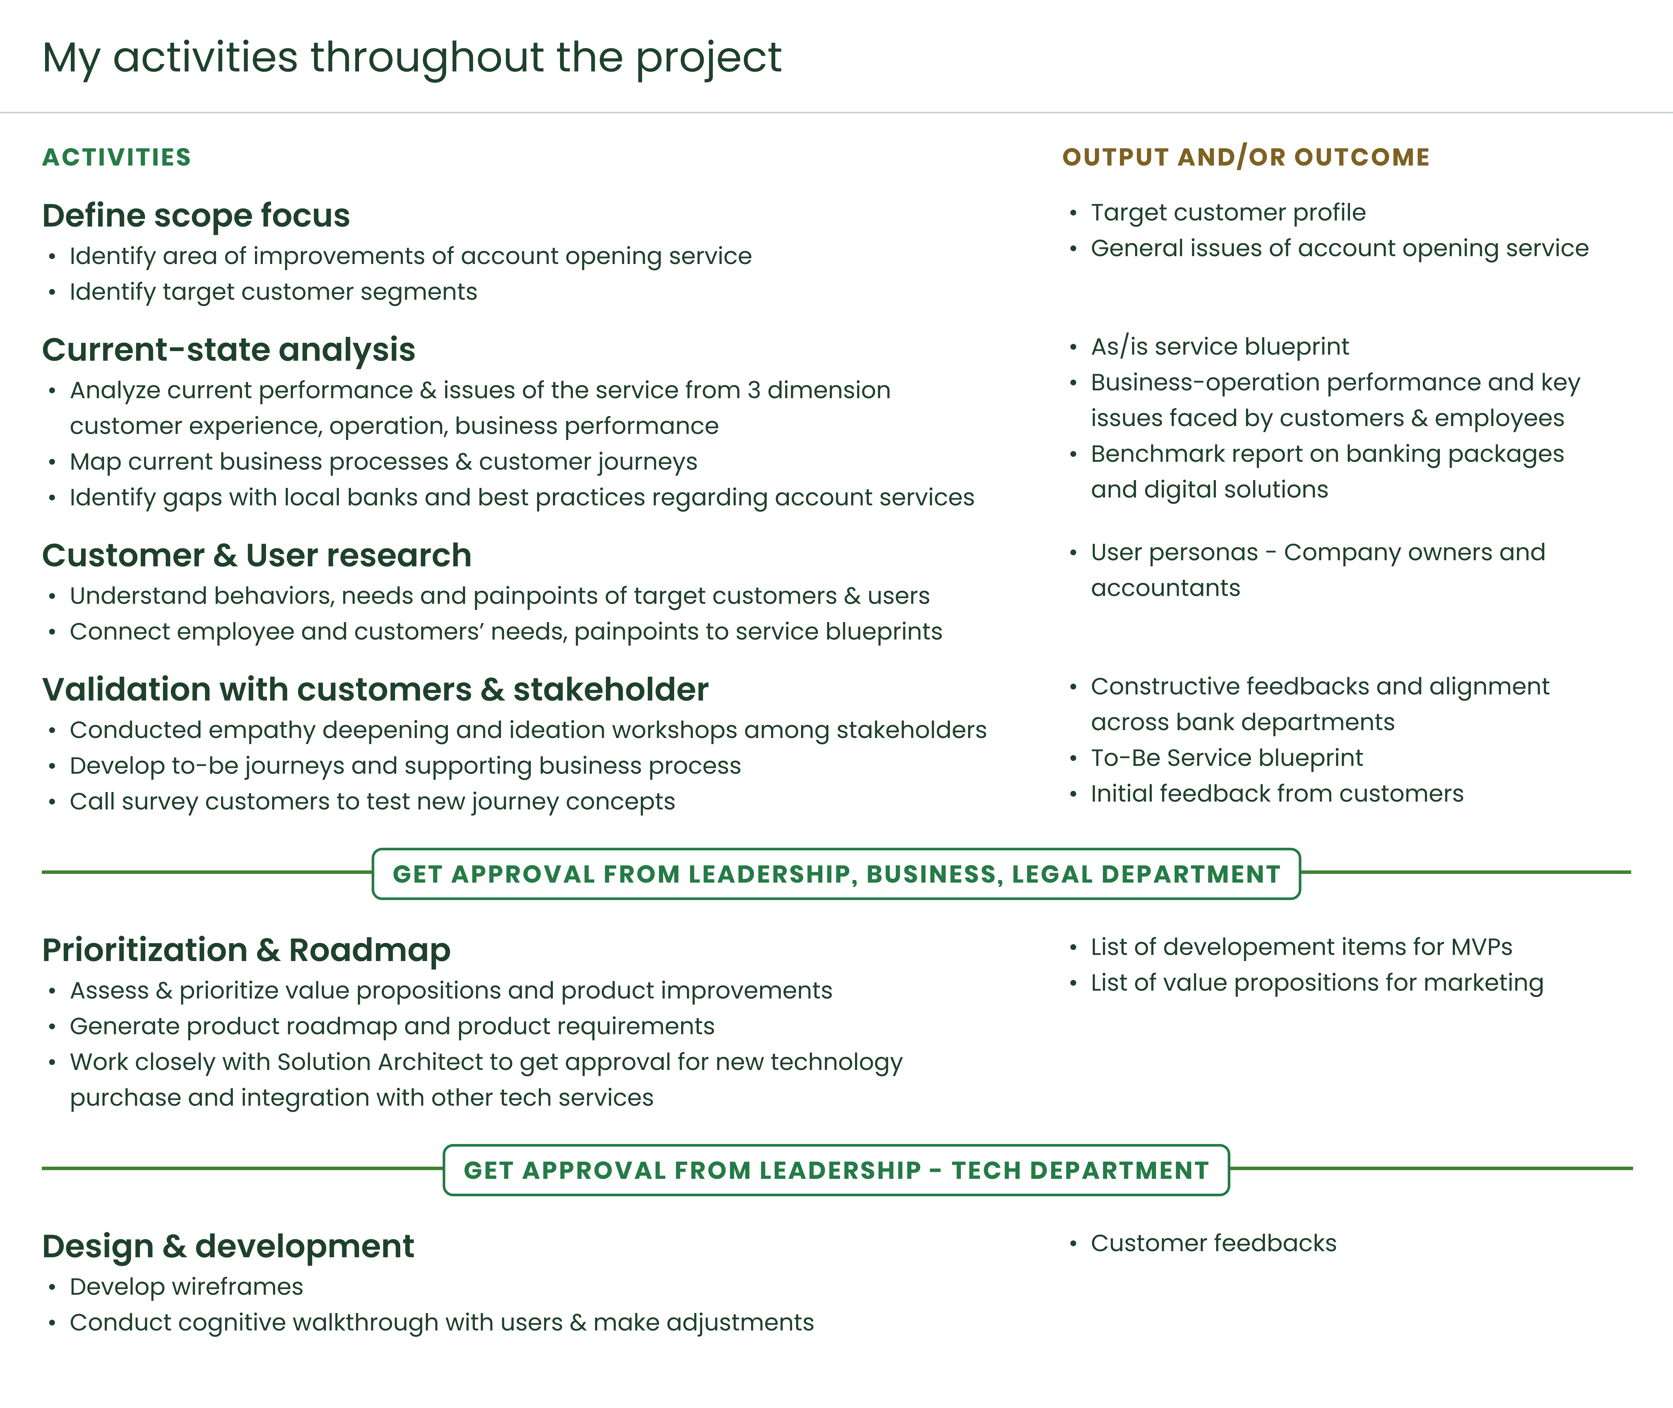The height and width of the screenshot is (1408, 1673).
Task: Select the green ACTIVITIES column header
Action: [116, 157]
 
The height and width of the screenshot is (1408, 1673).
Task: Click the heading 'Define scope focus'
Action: [195, 215]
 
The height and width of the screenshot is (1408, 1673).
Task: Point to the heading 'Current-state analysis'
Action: [228, 350]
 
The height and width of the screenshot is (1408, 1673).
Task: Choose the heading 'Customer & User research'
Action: [256, 556]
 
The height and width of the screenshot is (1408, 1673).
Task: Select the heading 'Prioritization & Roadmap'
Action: [246, 950]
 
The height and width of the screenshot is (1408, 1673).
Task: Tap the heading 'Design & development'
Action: [227, 1246]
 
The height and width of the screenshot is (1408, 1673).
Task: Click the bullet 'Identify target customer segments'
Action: [273, 292]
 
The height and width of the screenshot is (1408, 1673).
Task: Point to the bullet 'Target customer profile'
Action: [1228, 212]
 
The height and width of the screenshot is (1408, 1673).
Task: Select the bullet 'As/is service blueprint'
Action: [1220, 346]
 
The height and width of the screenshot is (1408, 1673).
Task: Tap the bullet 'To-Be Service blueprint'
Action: [1227, 757]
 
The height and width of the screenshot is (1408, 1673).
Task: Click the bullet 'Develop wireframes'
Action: [186, 1287]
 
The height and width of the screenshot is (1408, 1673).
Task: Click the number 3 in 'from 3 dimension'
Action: [753, 390]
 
